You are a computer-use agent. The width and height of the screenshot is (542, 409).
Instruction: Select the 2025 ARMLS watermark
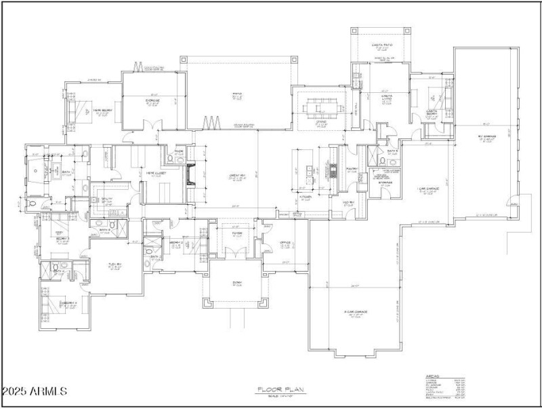point(34,391)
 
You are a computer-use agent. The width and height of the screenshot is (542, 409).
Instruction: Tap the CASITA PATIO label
point(383,45)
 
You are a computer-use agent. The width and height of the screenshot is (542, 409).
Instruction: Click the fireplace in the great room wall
point(191,175)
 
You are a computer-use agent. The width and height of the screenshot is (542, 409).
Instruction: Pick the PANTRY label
point(352,170)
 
